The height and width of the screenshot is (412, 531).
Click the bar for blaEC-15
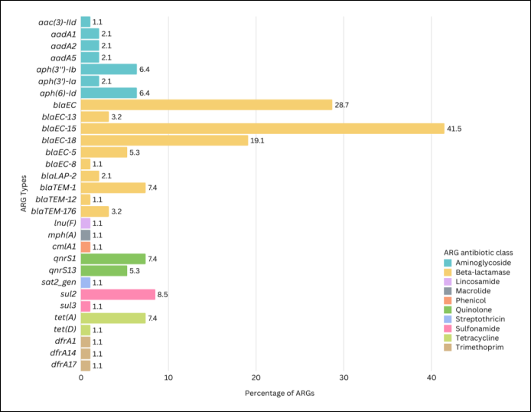[262, 129]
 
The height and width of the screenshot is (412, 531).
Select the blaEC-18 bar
[165, 140]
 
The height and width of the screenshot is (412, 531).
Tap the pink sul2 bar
[118, 294]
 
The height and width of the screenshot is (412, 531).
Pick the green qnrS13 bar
[104, 271]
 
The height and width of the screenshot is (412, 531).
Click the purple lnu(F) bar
[86, 224]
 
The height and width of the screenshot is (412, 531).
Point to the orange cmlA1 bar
[86, 247]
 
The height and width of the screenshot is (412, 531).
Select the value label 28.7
[342, 105]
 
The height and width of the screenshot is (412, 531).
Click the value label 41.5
[454, 129]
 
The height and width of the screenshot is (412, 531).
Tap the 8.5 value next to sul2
[162, 295]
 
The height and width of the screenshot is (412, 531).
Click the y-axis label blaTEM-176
[54, 211]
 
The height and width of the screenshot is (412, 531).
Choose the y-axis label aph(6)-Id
[58, 93]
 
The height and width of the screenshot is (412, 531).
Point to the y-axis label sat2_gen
[59, 283]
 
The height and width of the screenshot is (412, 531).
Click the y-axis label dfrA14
[63, 353]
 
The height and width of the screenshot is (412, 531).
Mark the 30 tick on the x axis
[344, 378]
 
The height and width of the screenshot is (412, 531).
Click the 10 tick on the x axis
[168, 378]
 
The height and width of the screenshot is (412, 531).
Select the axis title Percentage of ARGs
[280, 394]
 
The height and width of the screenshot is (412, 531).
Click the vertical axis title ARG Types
[24, 194]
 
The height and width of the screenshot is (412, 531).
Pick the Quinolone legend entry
[467, 309]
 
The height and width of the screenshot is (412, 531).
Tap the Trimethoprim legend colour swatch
[448, 347]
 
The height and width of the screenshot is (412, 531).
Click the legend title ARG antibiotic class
[478, 253]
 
